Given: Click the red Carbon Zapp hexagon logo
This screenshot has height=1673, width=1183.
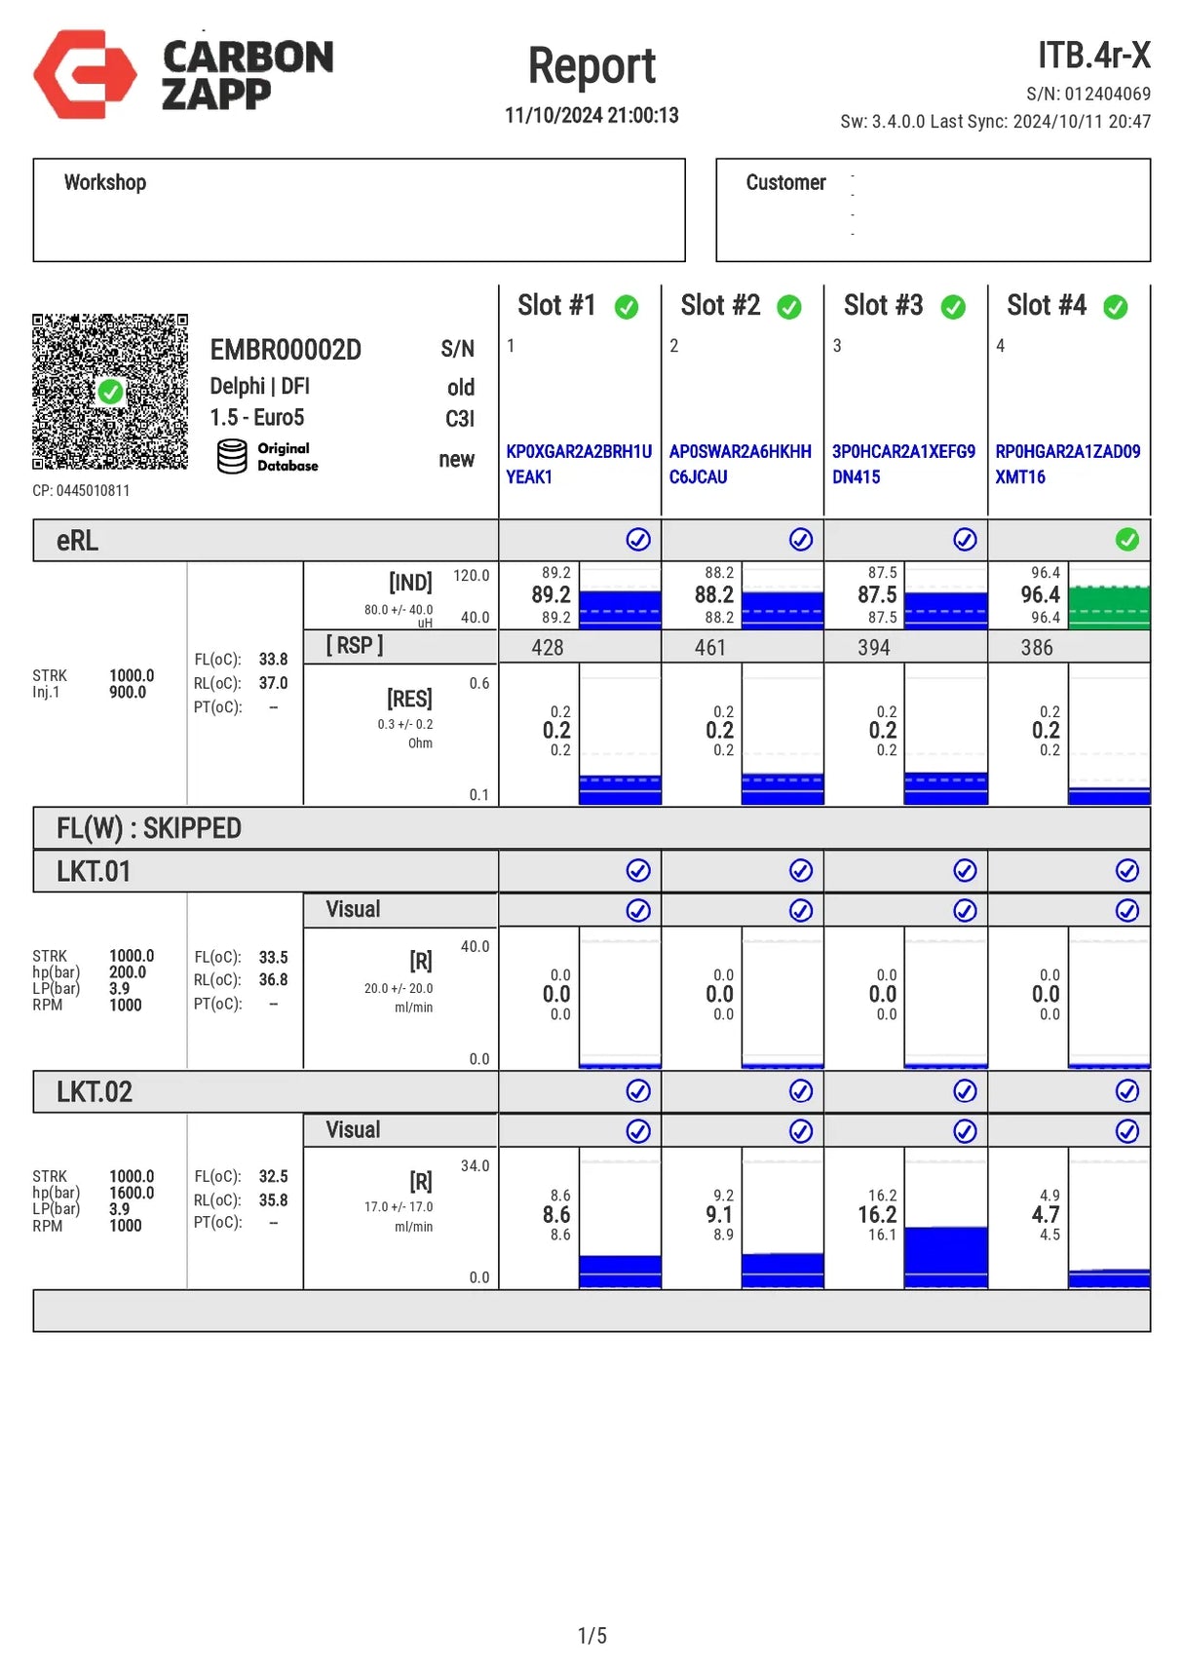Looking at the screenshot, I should point(85,74).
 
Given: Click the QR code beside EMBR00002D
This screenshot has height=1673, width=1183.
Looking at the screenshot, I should point(110,392).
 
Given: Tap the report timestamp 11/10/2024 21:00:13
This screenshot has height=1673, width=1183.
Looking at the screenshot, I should point(591,115).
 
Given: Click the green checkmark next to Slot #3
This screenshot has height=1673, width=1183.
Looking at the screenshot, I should point(953,308).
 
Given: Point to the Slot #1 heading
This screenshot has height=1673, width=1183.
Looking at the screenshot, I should point(555,306).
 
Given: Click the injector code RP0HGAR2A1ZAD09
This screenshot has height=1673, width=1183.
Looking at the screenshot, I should point(1067,452).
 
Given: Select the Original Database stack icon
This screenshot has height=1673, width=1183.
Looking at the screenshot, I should point(232,456).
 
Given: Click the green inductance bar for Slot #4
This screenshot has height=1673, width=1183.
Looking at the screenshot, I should point(1109,607).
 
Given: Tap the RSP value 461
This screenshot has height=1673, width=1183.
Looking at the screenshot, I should point(710,648).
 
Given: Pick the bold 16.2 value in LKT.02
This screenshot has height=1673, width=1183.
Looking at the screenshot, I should point(877,1215).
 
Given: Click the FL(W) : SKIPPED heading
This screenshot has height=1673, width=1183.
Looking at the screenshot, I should point(149,829).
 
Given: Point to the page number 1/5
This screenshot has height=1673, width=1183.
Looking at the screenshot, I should point(591,1636).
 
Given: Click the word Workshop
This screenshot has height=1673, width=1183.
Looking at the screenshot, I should point(105,183).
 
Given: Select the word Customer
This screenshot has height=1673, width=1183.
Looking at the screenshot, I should point(785,183).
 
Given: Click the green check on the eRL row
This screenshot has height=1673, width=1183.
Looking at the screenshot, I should point(1127,540).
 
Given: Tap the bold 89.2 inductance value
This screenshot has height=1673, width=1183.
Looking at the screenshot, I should point(551,595).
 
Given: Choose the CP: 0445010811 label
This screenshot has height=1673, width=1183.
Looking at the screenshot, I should point(81,491).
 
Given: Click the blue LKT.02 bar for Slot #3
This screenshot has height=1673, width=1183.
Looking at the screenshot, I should point(945,1257).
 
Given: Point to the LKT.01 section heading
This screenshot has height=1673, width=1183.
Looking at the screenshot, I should point(94,872).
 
